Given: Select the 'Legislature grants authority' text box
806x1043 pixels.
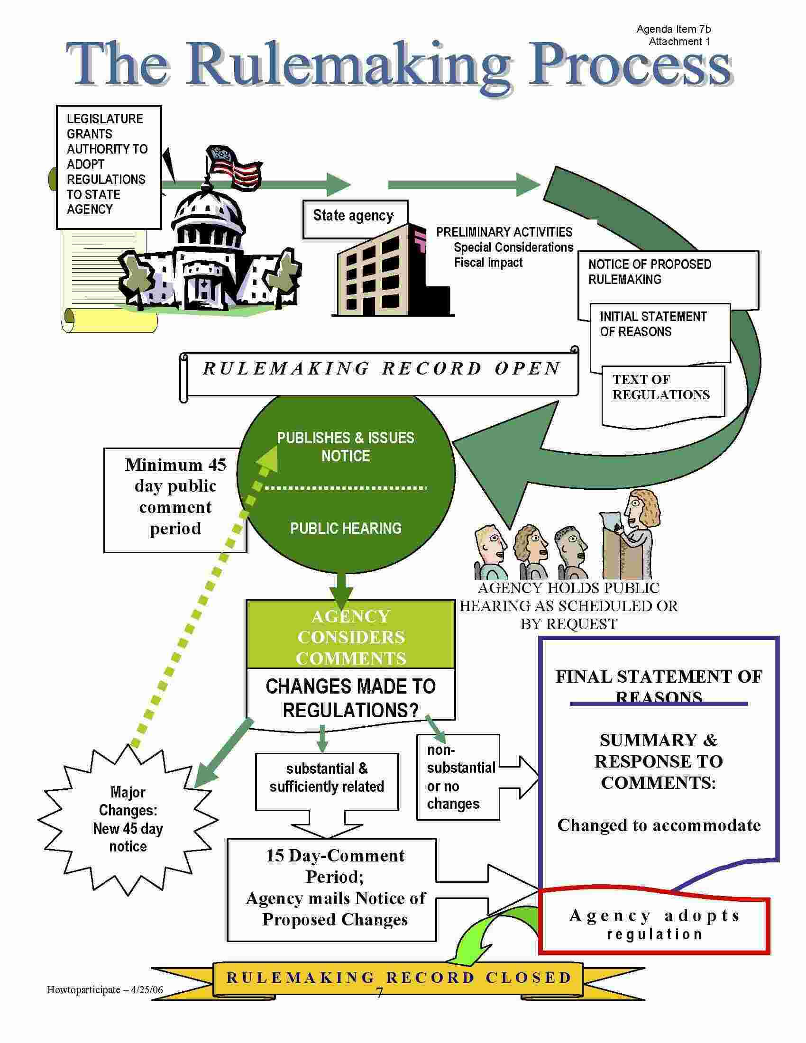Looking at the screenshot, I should coord(109,165).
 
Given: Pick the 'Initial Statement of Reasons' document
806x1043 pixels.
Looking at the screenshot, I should coord(659,329).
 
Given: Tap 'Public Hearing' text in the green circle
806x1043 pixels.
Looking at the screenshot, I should coord(346,528).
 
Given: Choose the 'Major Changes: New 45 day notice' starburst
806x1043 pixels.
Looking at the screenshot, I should coord(128,819).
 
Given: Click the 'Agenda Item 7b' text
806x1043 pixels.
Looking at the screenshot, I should coord(673,29).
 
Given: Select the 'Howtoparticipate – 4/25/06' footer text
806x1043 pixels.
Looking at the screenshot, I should coord(105,989).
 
